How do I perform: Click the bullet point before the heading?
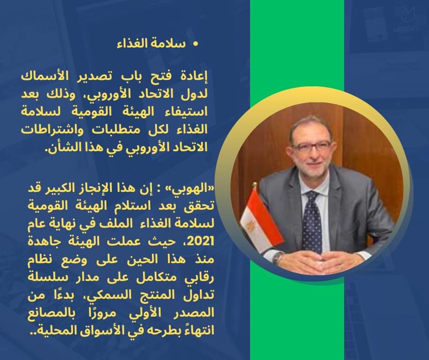click(195, 44)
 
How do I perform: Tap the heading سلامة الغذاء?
click(152, 44)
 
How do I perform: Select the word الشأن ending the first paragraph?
click(60, 147)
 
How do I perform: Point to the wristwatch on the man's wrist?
click(278, 259)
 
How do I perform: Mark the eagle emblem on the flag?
click(250, 226)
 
